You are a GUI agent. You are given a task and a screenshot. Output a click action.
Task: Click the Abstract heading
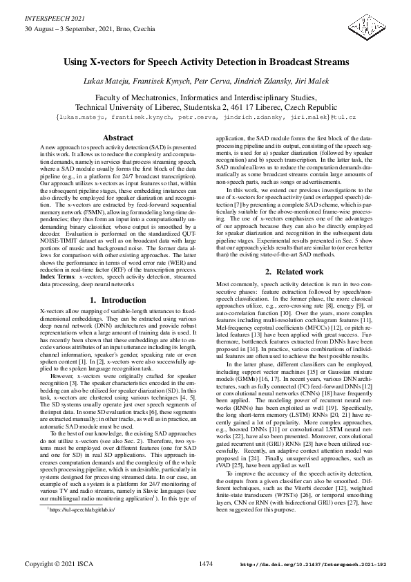pyautogui.click(x=117, y=138)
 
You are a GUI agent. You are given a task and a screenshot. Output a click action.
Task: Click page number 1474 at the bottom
pyautogui.click(x=206, y=564)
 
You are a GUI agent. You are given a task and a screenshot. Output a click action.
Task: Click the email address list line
pyautogui.click(x=205, y=118)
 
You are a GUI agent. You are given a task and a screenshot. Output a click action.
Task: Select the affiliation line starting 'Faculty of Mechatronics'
pyautogui.click(x=206, y=98)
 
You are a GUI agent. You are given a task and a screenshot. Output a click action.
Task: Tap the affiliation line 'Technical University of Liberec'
pyautogui.click(x=206, y=108)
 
